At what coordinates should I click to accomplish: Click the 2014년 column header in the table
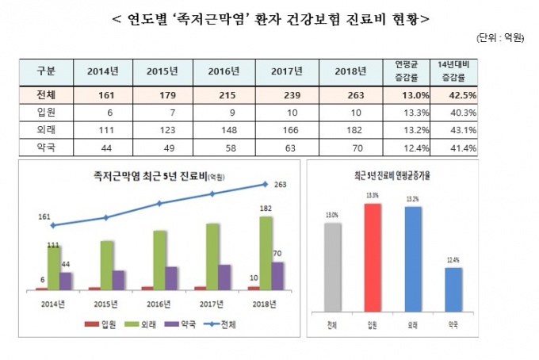103,71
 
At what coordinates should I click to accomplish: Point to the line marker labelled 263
265,184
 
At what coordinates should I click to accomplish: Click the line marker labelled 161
52,226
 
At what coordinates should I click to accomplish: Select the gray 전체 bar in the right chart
332,267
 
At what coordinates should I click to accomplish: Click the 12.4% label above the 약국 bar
452,260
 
